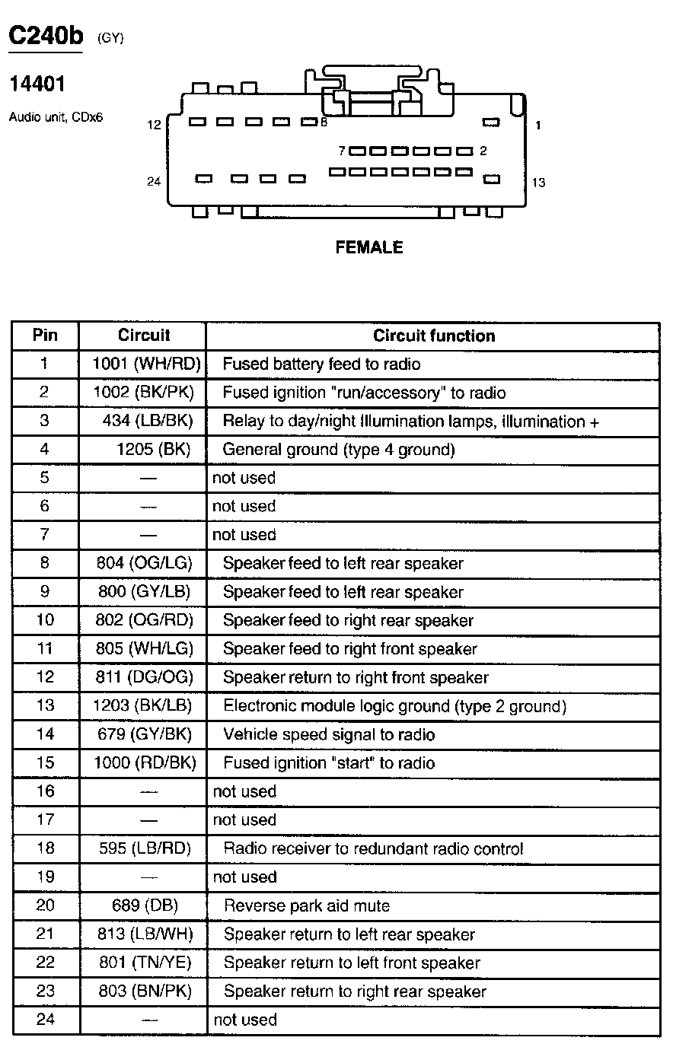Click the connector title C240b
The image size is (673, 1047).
point(45,36)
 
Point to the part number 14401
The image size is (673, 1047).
point(37,84)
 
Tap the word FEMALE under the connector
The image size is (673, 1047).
point(369,247)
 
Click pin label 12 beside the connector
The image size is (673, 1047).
point(154,124)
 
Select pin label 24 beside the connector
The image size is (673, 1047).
point(154,181)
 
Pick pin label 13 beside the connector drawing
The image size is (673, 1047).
point(538,182)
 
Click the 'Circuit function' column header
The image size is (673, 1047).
point(434,336)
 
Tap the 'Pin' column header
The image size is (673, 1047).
point(45,336)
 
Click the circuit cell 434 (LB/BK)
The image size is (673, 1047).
point(148,421)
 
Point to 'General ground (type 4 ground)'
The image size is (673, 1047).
point(339,450)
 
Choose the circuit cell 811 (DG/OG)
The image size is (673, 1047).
point(145,677)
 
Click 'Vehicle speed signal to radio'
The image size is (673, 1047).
point(329,734)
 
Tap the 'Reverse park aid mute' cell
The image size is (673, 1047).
point(307,905)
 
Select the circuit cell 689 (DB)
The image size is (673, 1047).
point(144,905)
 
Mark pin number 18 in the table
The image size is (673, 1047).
point(46,848)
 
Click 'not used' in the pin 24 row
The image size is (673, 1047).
point(244,1020)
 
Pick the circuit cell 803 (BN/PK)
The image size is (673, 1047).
point(145,991)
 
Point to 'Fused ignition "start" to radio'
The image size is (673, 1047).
point(329,763)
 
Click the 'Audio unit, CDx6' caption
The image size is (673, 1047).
point(56,118)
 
